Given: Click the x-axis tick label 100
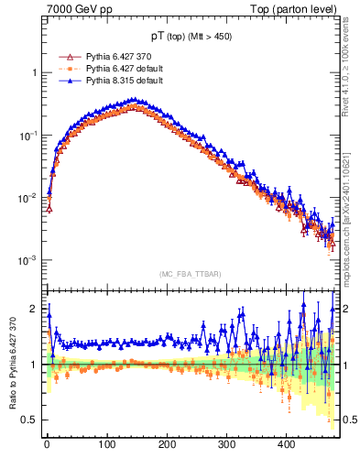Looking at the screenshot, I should point(107,444).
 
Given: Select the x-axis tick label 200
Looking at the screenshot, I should point(167,444).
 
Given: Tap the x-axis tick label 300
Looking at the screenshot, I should point(226,444).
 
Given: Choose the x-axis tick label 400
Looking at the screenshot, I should point(286,444).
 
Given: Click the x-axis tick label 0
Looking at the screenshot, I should point(48,444).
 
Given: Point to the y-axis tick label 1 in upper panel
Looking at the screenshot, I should point(34,72).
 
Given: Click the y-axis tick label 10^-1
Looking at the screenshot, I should point(29,135).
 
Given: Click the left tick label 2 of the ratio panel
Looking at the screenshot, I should point(34,309).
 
